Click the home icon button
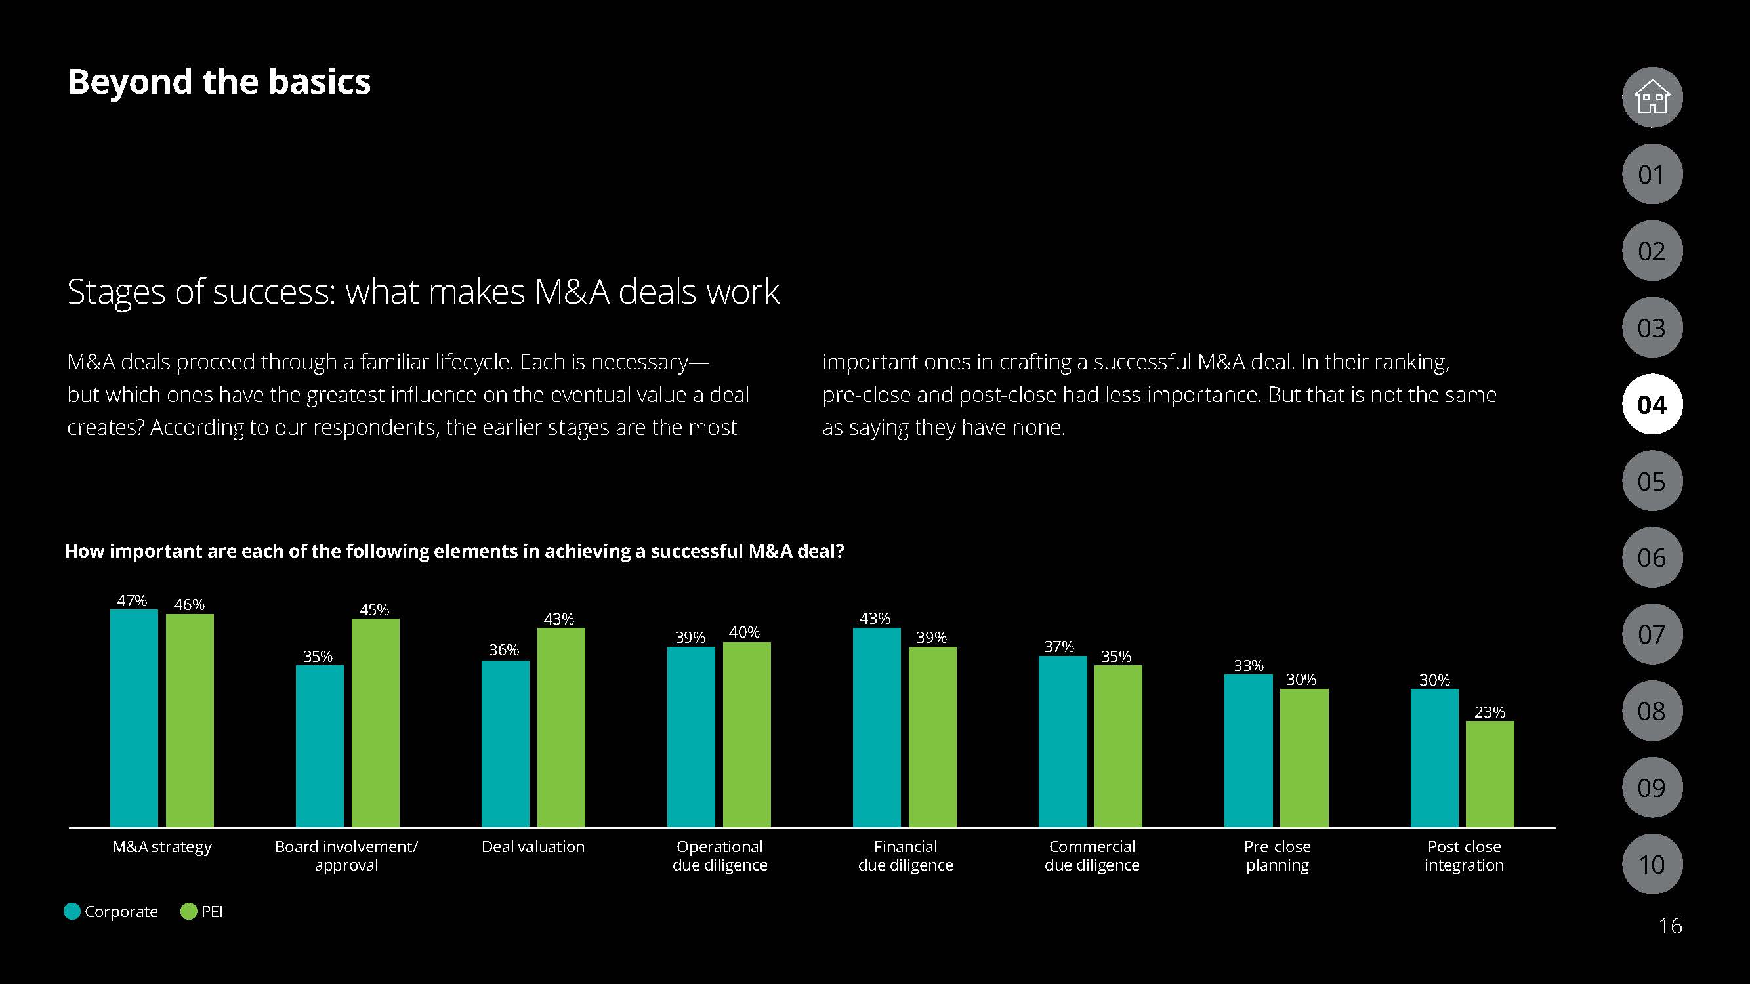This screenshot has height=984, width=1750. [x=1652, y=98]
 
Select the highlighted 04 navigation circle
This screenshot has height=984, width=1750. [x=1652, y=405]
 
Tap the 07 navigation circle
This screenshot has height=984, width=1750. [x=1652, y=634]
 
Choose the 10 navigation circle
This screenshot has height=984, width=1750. [x=1652, y=865]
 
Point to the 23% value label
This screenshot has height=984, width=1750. [x=1490, y=712]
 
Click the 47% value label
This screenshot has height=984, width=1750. [x=132, y=600]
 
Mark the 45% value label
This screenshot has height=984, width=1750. [x=373, y=610]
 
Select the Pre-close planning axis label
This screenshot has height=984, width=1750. [x=1277, y=855]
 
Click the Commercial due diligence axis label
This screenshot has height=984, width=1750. [x=1092, y=855]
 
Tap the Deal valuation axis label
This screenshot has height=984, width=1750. [x=533, y=847]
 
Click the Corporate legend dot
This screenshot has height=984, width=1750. [x=72, y=911]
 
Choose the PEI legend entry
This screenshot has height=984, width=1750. [x=201, y=911]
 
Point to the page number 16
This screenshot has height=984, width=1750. [x=1670, y=926]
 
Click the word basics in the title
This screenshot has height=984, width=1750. [x=319, y=82]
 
